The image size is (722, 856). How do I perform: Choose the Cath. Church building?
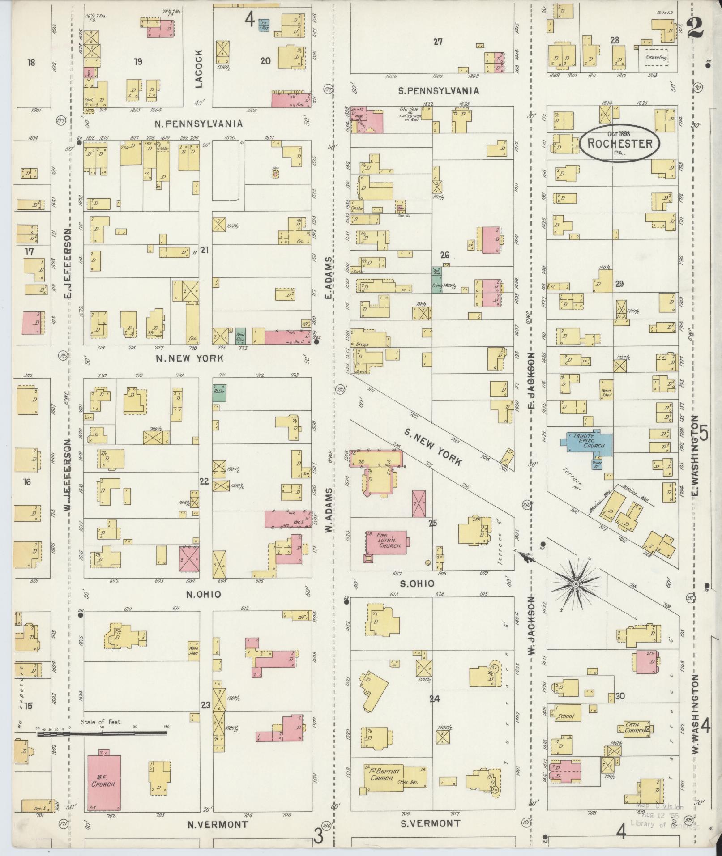click(x=635, y=729)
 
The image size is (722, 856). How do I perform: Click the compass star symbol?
click(x=576, y=584)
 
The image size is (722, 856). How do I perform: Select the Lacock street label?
click(x=198, y=68)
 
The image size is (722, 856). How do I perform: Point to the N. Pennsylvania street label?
click(x=198, y=124)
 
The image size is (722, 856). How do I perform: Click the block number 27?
click(x=438, y=42)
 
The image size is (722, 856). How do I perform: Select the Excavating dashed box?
click(x=656, y=58)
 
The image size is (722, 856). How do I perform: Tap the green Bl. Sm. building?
click(x=219, y=392)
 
